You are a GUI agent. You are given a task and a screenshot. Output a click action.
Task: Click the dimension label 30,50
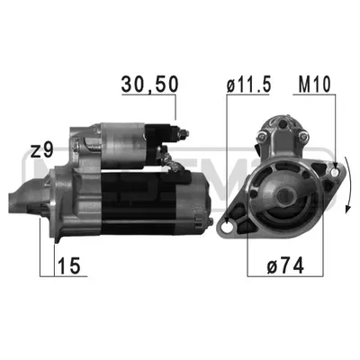point(149,84)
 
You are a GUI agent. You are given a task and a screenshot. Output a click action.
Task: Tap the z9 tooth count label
point(42,150)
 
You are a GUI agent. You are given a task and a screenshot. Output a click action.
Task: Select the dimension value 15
point(69,265)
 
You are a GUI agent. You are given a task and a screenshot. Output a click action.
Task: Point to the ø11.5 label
point(248,84)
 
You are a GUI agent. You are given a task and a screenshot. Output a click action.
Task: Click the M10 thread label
point(314,84)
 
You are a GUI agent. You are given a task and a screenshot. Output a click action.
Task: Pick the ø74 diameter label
point(285,265)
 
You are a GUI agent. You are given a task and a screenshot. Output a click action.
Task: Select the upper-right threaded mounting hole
point(335,172)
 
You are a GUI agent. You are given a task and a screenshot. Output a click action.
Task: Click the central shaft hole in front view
point(283,196)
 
